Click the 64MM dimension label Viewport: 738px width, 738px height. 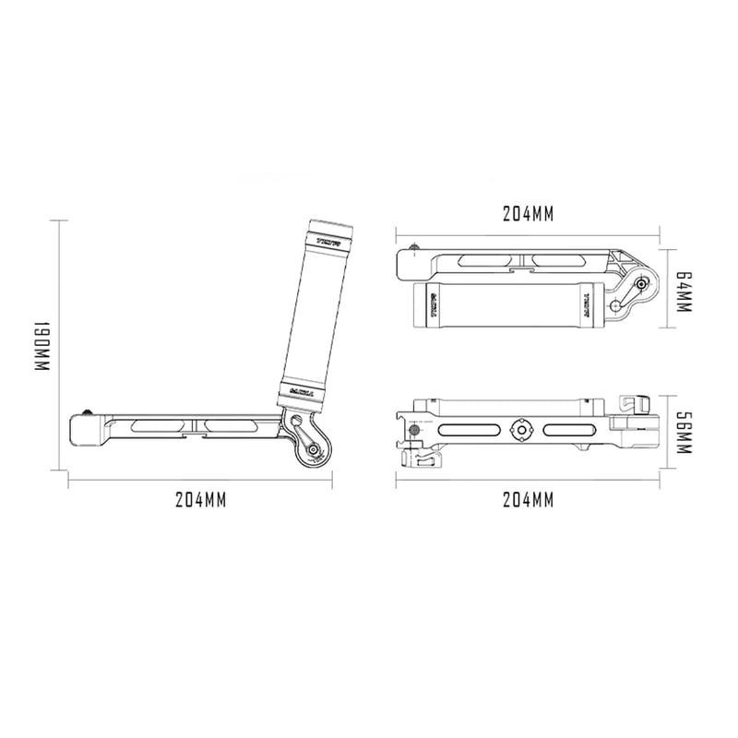pyautogui.click(x=683, y=290)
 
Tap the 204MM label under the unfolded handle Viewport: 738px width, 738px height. pyautogui.click(x=200, y=500)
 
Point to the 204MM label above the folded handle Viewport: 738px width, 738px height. pyautogui.click(x=528, y=213)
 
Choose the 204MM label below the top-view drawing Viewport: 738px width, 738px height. pyautogui.click(x=528, y=500)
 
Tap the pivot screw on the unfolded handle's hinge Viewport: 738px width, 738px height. pyautogui.click(x=314, y=451)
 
